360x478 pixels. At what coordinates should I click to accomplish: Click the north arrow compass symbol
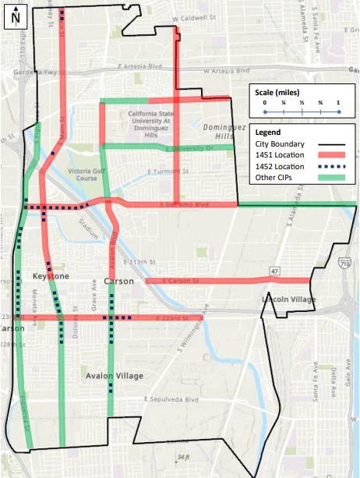click(x=16, y=15)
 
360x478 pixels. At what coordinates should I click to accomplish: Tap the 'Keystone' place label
click(x=51, y=277)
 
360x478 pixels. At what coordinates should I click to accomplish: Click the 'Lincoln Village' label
click(x=288, y=299)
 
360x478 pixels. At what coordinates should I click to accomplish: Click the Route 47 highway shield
click(x=274, y=271)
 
